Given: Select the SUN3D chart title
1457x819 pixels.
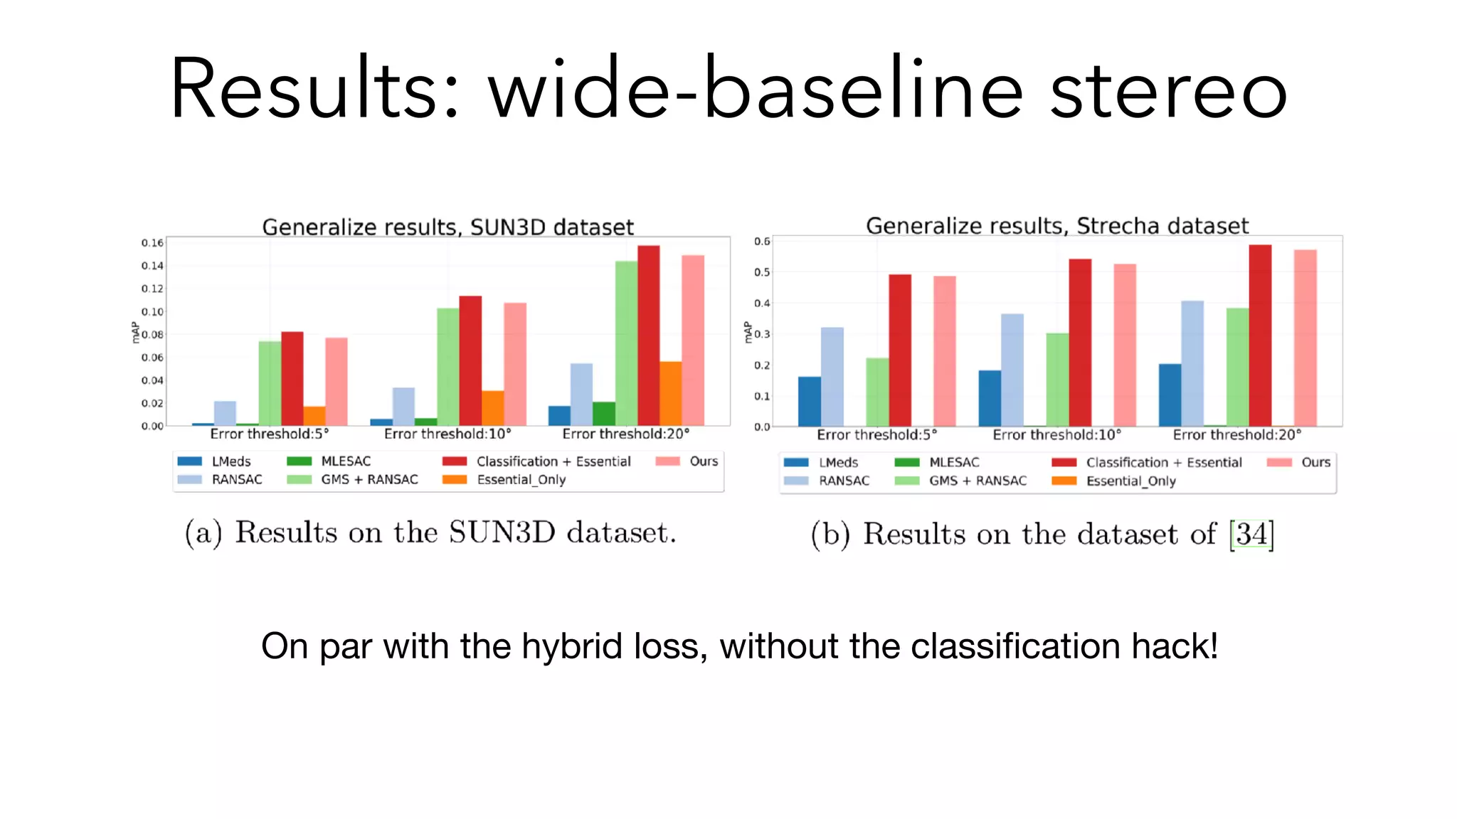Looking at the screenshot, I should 447,227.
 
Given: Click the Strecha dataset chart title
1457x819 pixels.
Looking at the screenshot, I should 1056,225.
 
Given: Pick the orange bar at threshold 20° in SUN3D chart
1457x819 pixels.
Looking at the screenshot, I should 670,394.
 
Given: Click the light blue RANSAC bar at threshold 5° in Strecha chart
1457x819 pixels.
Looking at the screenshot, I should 832,377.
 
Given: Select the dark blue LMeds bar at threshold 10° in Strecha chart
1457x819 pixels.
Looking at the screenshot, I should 990,398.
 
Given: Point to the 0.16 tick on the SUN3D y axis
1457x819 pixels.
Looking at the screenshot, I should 152,243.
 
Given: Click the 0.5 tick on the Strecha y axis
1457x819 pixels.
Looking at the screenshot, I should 762,272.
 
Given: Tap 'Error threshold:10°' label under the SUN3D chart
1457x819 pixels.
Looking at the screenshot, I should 447,434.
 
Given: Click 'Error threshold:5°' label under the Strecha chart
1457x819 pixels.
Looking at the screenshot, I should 876,434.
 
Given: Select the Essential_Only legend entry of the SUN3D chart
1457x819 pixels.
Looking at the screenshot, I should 521,480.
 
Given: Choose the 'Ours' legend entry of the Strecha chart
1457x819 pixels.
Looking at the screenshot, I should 1315,462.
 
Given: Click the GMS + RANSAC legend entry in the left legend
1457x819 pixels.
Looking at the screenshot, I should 369,480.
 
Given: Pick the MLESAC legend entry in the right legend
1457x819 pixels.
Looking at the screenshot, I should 953,462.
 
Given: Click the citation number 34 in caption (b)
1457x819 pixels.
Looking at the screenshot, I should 1251,534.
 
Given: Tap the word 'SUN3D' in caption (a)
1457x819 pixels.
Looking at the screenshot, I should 502,532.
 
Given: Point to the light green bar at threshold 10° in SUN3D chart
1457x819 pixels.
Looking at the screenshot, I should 447,367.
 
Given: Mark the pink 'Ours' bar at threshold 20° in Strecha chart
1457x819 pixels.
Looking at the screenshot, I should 1305,338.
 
